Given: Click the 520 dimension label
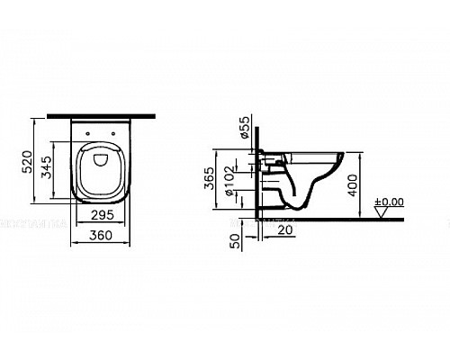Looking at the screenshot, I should (x=28, y=163).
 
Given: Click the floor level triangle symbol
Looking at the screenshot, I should (x=382, y=212).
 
